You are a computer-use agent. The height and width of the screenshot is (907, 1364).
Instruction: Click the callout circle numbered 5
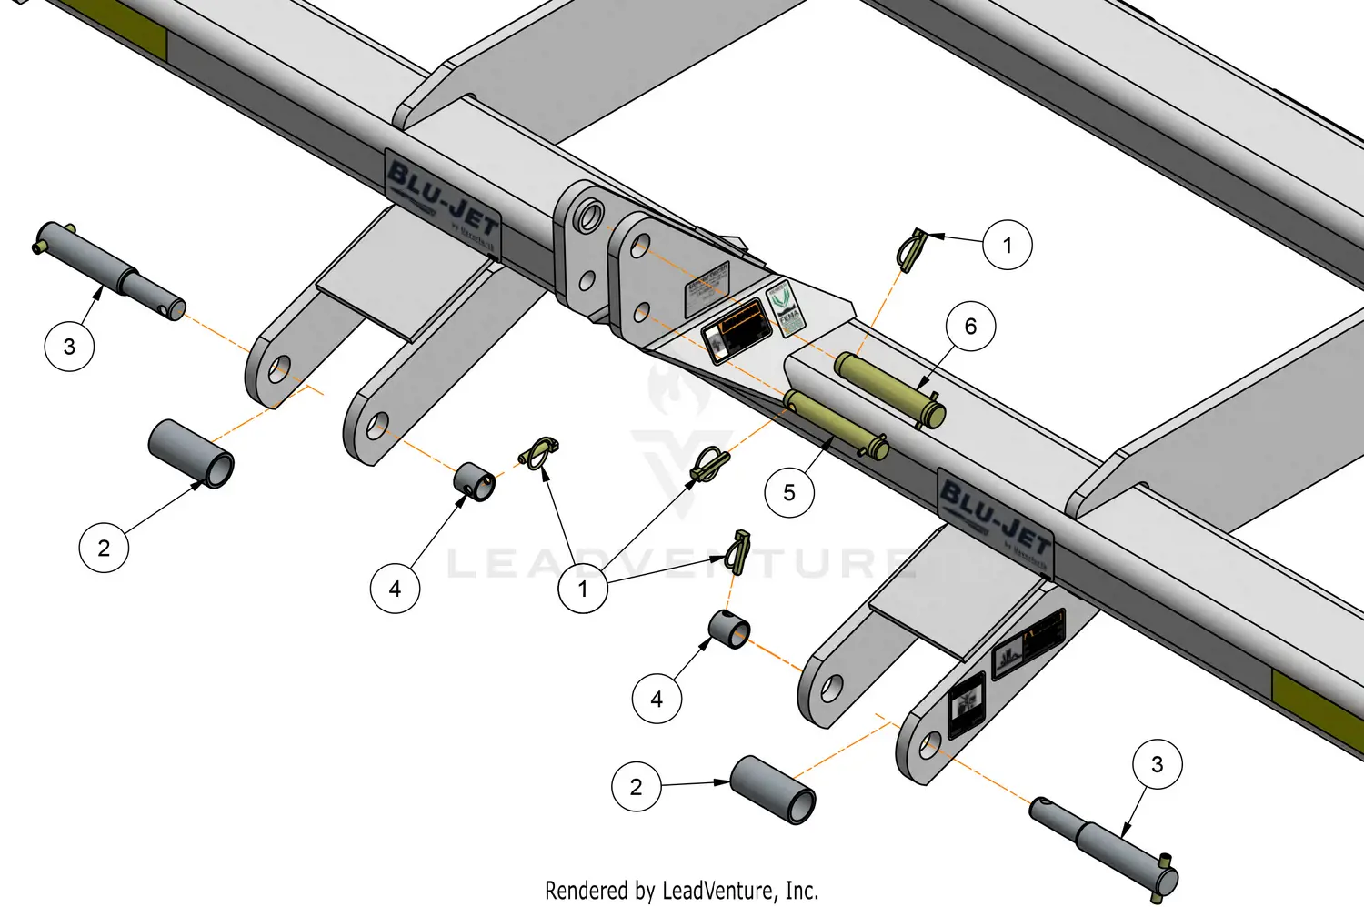pyautogui.click(x=788, y=493)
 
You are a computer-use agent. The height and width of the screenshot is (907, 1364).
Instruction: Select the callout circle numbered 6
pyautogui.click(x=970, y=327)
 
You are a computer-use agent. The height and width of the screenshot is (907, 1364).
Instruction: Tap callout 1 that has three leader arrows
pyautogui.click(x=583, y=589)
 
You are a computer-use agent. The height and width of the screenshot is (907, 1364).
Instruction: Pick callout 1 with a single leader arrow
pyautogui.click(x=1008, y=245)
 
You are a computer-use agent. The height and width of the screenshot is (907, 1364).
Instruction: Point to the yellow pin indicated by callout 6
pyautogui.click(x=889, y=388)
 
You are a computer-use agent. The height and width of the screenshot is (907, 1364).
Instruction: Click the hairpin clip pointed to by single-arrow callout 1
pyautogui.click(x=912, y=249)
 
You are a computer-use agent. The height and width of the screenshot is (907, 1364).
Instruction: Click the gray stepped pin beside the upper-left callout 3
pyautogui.click(x=109, y=269)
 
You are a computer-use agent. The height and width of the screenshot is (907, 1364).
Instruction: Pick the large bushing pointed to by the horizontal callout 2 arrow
pyautogui.click(x=774, y=789)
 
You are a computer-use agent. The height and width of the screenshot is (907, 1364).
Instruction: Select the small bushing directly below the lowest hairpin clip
pyautogui.click(x=729, y=630)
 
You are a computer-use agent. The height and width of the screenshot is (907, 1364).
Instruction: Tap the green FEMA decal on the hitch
pyautogui.click(x=784, y=307)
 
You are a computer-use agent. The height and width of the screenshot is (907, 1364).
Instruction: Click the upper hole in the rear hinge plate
pyautogui.click(x=589, y=217)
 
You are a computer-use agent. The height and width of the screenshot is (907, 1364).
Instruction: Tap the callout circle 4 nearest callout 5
pyautogui.click(x=657, y=699)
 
